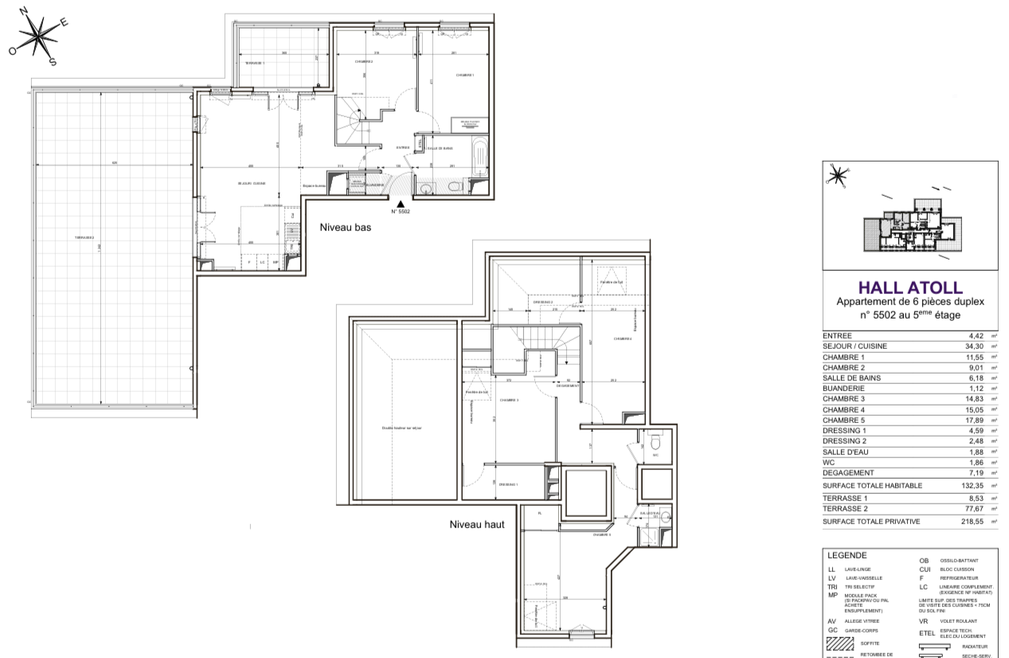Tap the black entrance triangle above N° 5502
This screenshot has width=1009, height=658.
pos(400,204)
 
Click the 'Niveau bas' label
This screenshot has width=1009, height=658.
pos(345,227)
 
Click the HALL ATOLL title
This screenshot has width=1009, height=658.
pos(910,288)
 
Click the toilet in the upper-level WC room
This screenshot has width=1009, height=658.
pos(654,441)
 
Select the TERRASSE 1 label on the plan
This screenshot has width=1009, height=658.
pos(254,63)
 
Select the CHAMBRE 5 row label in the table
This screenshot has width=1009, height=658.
pos(843,420)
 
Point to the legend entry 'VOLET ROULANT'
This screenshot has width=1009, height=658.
pos(956,621)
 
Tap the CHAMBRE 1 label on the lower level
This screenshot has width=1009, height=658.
pos(464,75)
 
